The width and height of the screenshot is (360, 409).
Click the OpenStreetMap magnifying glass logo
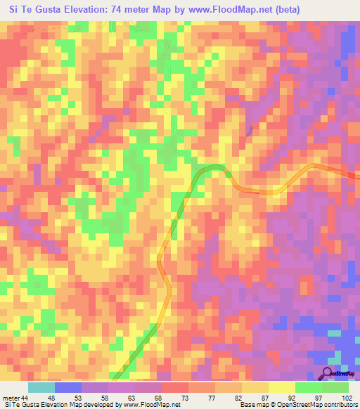point(328,374)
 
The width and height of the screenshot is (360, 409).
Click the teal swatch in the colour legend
point(41,387)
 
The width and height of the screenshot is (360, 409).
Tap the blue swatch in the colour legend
point(68,387)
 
